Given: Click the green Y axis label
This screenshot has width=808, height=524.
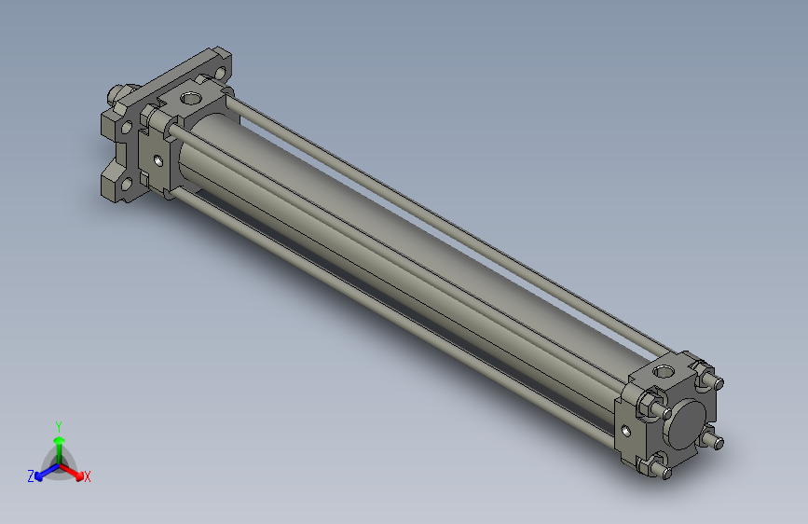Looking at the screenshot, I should [x=58, y=424].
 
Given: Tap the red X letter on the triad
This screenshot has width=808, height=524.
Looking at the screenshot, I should [x=88, y=477].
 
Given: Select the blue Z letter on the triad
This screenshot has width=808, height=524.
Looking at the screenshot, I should [x=31, y=476].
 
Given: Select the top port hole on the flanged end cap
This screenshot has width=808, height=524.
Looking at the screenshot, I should [x=191, y=97].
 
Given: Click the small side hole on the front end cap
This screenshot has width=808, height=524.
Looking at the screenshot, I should [x=624, y=430].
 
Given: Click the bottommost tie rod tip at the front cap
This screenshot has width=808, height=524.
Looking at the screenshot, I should [x=666, y=474].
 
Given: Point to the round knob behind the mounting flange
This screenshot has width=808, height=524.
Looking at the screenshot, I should [x=116, y=93].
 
